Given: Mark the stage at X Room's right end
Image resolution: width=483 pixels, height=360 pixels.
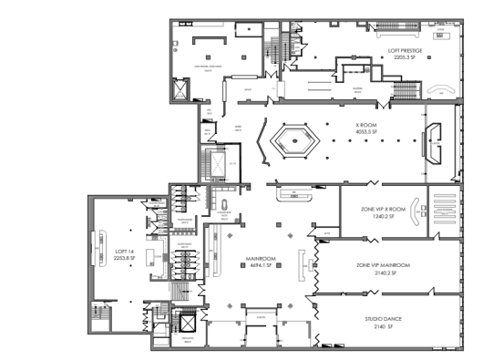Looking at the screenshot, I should [x=436, y=146].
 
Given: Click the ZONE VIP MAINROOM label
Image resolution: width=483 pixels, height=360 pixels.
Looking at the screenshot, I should [x=383, y=265].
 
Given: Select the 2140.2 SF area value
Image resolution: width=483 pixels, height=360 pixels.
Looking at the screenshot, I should [x=383, y=272].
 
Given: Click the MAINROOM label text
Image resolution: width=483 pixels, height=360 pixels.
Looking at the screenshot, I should [x=261, y=258].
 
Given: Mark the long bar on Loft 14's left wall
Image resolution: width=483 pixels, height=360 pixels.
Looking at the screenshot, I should [x=98, y=243].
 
